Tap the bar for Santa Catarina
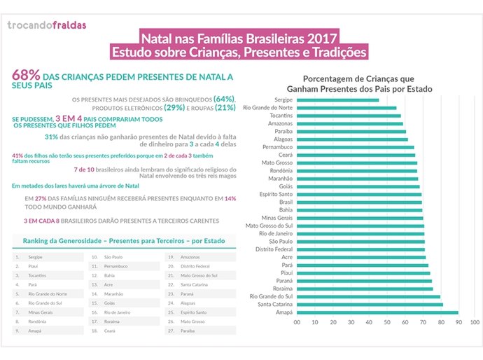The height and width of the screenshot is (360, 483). (x=369, y=305)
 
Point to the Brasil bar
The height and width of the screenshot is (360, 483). (x=359, y=202)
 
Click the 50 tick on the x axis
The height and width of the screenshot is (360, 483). (x=386, y=322)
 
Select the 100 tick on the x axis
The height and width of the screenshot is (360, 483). (x=475, y=322)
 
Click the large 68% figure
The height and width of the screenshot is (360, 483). (x=25, y=76)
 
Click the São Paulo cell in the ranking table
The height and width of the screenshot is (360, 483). (x=114, y=257)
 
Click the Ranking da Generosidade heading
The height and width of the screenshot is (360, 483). (x=124, y=240)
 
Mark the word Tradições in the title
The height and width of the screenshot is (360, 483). (x=336, y=51)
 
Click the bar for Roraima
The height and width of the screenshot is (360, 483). (x=365, y=289)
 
